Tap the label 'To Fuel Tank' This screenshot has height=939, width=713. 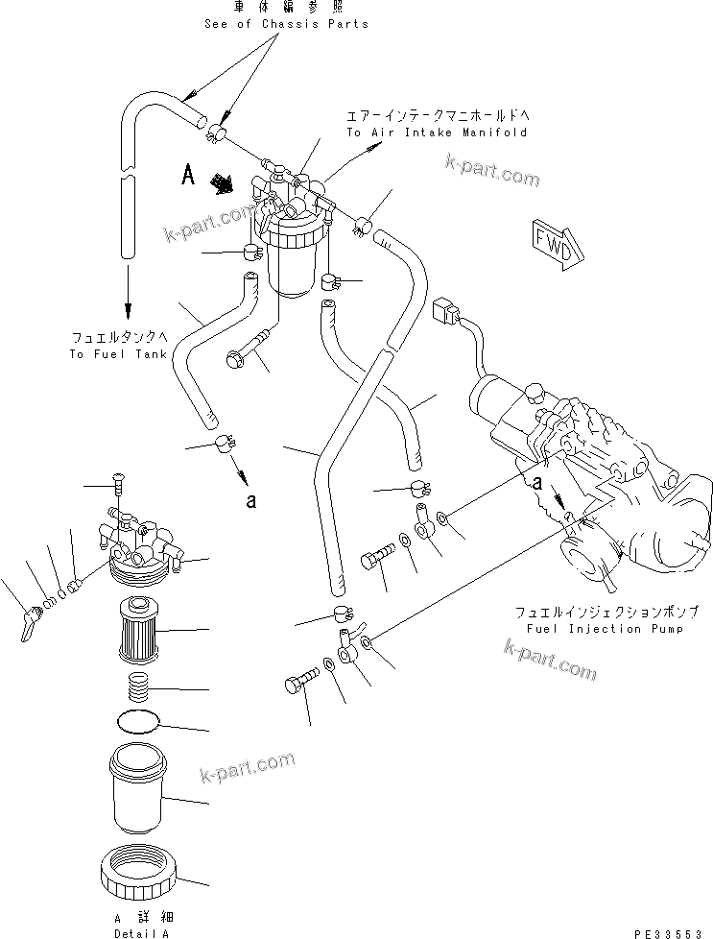(x=118, y=354)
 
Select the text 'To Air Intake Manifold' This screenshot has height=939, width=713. (x=437, y=132)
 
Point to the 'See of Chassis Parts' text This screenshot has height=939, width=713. (x=287, y=24)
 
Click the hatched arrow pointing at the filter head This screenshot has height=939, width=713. (x=226, y=182)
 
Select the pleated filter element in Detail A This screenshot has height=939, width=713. (x=141, y=630)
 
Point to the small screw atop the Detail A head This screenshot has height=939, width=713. (x=118, y=481)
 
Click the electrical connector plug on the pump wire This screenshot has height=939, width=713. (x=444, y=312)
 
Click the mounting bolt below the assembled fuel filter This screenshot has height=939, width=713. (x=249, y=349)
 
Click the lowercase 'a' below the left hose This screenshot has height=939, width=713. (x=251, y=499)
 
